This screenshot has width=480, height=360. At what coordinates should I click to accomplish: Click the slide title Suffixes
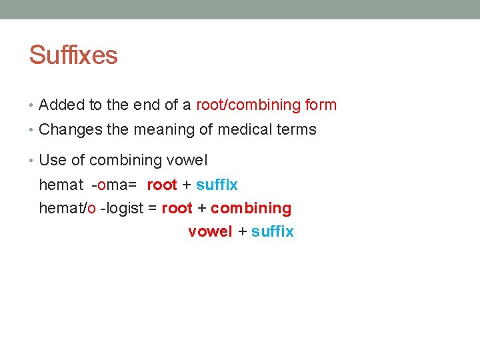73,55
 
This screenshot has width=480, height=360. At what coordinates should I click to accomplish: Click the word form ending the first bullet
321,105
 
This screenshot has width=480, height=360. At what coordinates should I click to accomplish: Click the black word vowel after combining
188,160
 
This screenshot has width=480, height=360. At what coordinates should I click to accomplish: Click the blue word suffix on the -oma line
217,185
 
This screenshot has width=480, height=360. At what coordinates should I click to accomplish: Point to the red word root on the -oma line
162,185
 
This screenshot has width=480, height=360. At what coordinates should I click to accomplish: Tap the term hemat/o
67,208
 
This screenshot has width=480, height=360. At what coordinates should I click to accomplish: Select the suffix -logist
121,208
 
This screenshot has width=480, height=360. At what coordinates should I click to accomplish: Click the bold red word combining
251,208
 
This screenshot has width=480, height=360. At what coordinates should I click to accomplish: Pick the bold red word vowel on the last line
210,231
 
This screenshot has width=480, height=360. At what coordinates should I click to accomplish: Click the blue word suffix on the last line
273,231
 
